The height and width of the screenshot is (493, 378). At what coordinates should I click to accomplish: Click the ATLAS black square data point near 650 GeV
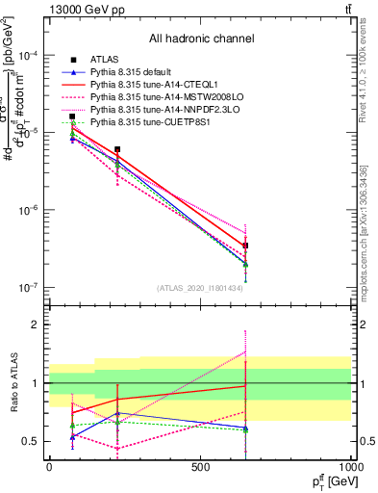[x=246, y=246]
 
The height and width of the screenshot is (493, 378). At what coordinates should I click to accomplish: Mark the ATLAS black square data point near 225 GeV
[x=117, y=150]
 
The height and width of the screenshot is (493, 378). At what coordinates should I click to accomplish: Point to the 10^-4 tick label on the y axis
[x=29, y=56]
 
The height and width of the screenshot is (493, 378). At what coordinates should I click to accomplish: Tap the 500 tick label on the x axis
[x=200, y=467]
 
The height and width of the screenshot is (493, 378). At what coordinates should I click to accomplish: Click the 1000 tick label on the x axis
[x=351, y=467]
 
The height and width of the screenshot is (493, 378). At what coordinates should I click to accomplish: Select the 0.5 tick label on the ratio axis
[x=33, y=441]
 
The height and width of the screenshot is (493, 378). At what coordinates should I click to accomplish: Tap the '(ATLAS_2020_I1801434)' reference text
[x=201, y=288]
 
